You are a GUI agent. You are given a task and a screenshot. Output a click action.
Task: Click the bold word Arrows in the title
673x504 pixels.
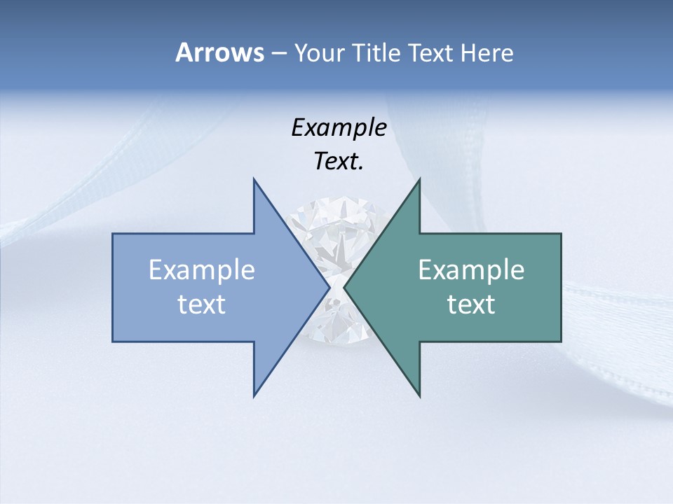point(219,53)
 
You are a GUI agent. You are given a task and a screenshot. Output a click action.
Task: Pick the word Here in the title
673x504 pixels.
point(487,53)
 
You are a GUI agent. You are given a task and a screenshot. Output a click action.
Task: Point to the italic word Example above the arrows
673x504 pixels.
point(339,127)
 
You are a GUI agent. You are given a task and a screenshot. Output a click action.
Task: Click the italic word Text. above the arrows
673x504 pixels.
point(339,162)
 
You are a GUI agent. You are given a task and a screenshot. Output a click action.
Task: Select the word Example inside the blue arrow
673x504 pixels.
point(202,270)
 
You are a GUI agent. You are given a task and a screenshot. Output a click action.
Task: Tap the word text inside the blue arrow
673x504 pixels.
point(202,304)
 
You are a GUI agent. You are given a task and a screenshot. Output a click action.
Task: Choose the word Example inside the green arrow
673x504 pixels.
point(471,270)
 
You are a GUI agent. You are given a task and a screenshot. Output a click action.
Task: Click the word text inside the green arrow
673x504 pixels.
point(471,304)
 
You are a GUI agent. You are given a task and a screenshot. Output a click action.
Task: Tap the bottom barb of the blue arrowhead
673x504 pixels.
point(254,394)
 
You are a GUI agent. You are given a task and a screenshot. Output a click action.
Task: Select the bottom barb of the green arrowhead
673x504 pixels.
point(419,394)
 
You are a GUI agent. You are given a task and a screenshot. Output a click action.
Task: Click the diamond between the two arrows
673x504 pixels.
point(337,231)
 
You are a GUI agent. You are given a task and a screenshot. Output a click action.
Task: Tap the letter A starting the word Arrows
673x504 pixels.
point(184,53)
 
